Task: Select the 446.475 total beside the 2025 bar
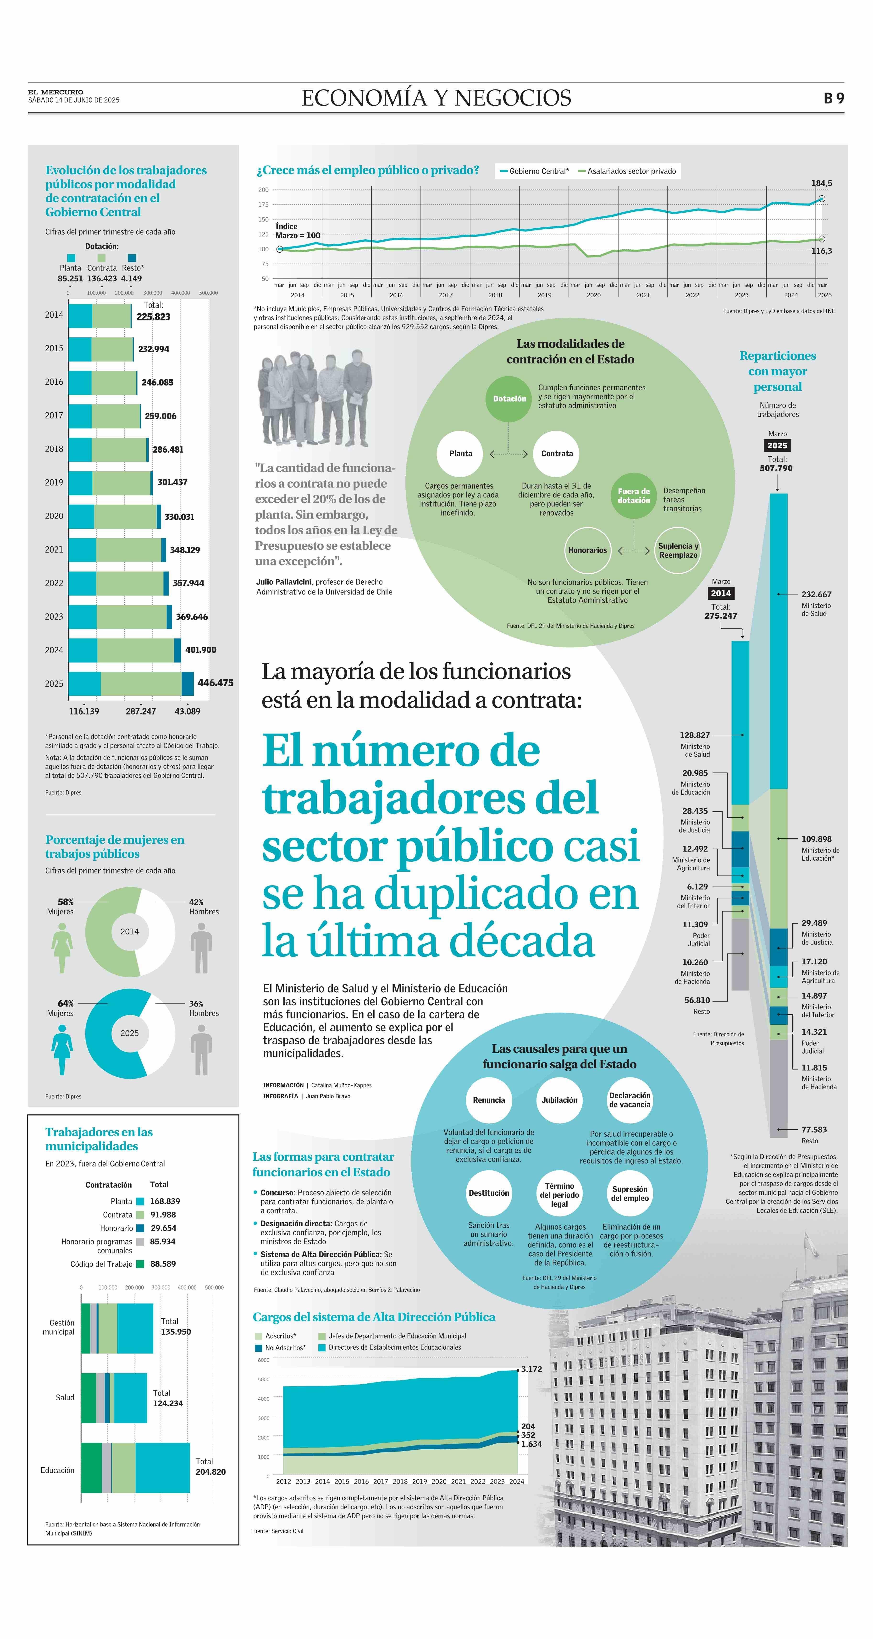[215, 683]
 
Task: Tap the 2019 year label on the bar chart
[54, 482]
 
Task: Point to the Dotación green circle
[509, 399]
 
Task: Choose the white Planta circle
[461, 454]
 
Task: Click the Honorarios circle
[587, 550]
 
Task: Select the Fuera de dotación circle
[634, 496]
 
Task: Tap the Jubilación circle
[559, 1100]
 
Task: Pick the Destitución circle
[489, 1193]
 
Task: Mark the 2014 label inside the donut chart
[130, 931]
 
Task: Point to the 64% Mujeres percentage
[66, 1003]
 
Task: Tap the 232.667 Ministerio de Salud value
[816, 594]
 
